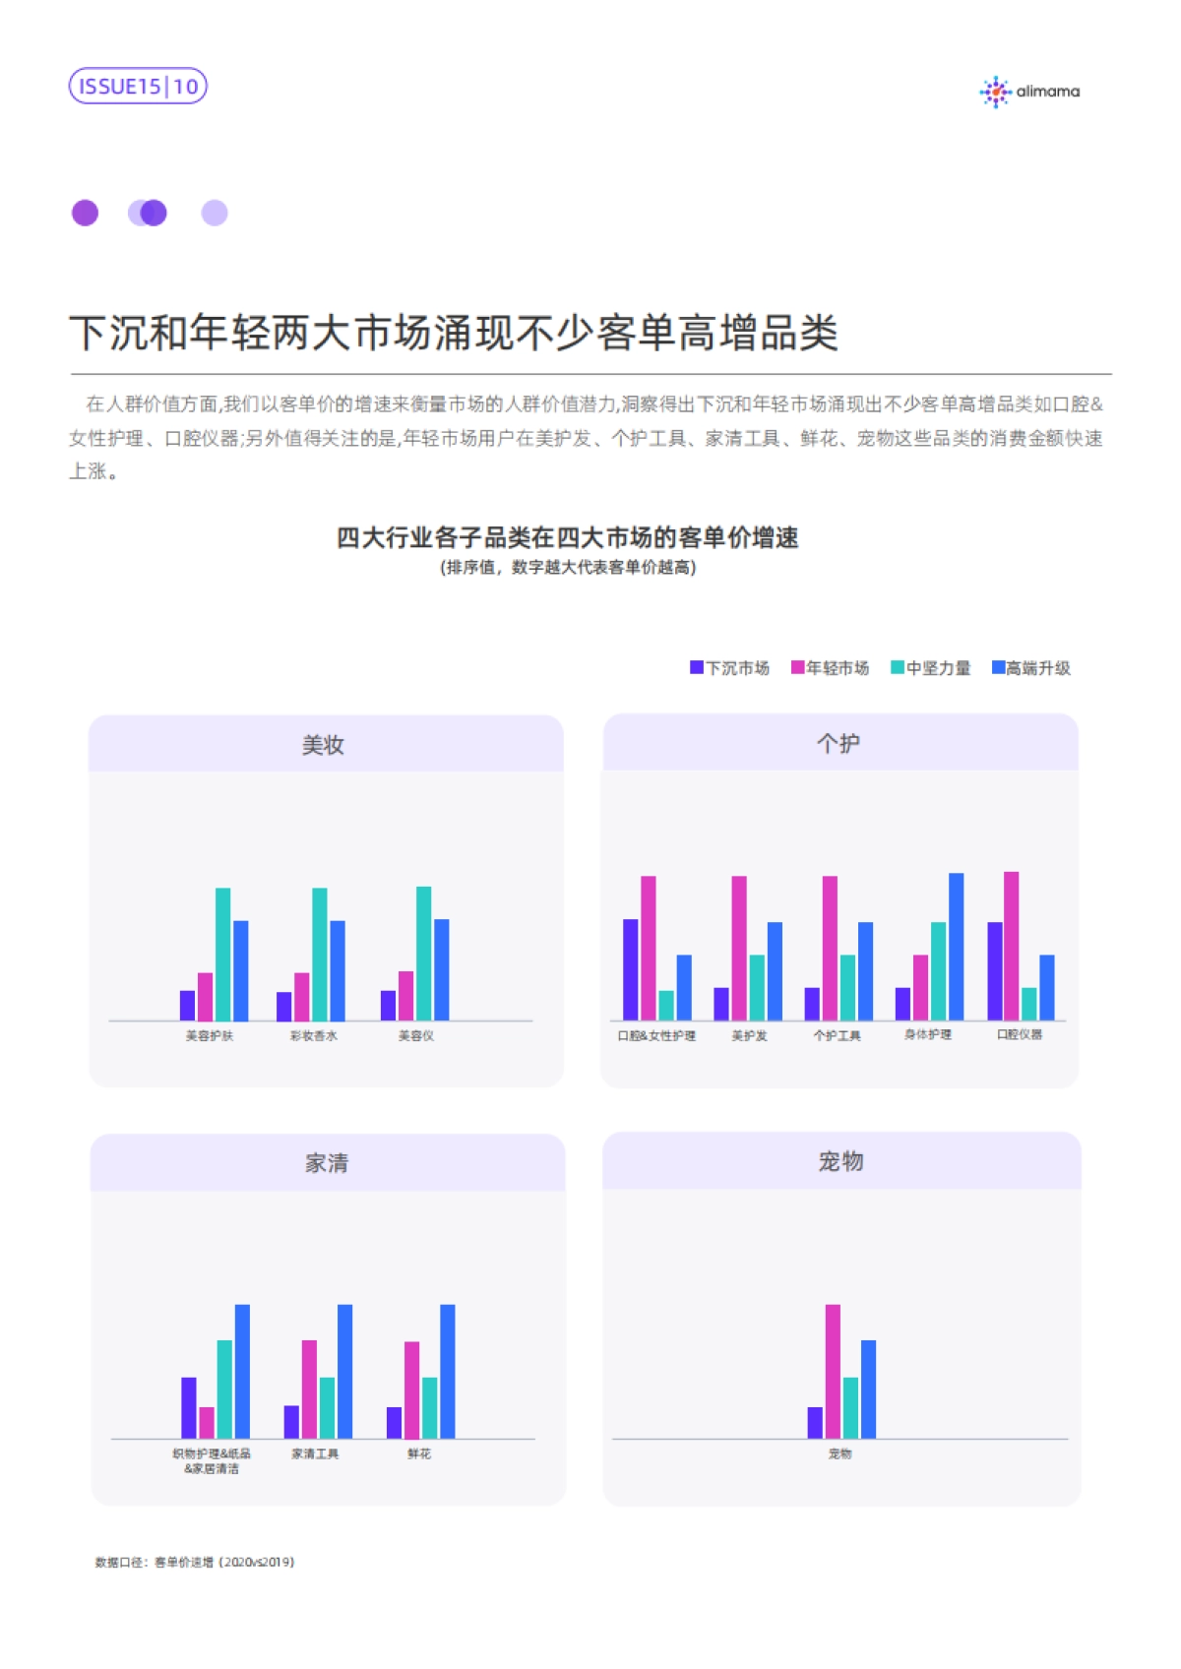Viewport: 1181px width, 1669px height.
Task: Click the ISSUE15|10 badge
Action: coord(138,87)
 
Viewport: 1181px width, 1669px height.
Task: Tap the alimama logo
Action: coord(1029,92)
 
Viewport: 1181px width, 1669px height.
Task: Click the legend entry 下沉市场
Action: coord(730,668)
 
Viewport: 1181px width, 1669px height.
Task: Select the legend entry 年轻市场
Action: coord(831,668)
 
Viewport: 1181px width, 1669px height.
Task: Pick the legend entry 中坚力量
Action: coord(931,668)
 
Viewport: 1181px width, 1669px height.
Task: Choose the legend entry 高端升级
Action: coord(1031,668)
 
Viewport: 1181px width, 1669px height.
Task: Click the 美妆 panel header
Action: coord(325,745)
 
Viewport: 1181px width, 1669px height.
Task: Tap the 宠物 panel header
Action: coord(840,1161)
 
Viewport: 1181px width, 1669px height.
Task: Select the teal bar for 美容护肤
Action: coord(223,954)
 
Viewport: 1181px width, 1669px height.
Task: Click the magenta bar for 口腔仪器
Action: coord(1011,945)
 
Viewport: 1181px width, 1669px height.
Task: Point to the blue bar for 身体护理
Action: coord(956,946)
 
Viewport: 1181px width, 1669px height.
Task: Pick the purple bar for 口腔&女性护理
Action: coord(631,969)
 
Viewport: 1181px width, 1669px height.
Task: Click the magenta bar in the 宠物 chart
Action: coord(833,1371)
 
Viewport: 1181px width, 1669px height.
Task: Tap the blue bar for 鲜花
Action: coord(448,1371)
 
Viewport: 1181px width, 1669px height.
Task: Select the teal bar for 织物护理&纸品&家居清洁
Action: coord(224,1389)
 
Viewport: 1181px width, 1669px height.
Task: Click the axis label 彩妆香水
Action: coord(313,1036)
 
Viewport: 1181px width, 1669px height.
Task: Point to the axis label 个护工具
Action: coord(837,1036)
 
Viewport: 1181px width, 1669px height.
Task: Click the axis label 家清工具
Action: coord(315,1453)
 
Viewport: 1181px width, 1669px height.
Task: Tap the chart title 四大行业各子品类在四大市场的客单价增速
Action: coord(567,537)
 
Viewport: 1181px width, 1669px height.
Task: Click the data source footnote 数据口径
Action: coord(195,1562)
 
